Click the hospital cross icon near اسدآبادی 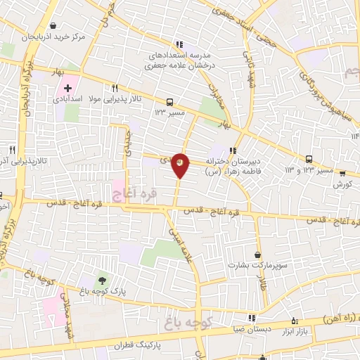tap(67, 89)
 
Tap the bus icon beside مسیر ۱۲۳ tap(169, 101)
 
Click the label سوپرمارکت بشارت tap(248, 266)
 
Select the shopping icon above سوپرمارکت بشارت tap(258, 255)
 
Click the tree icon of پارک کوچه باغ tap(105, 281)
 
